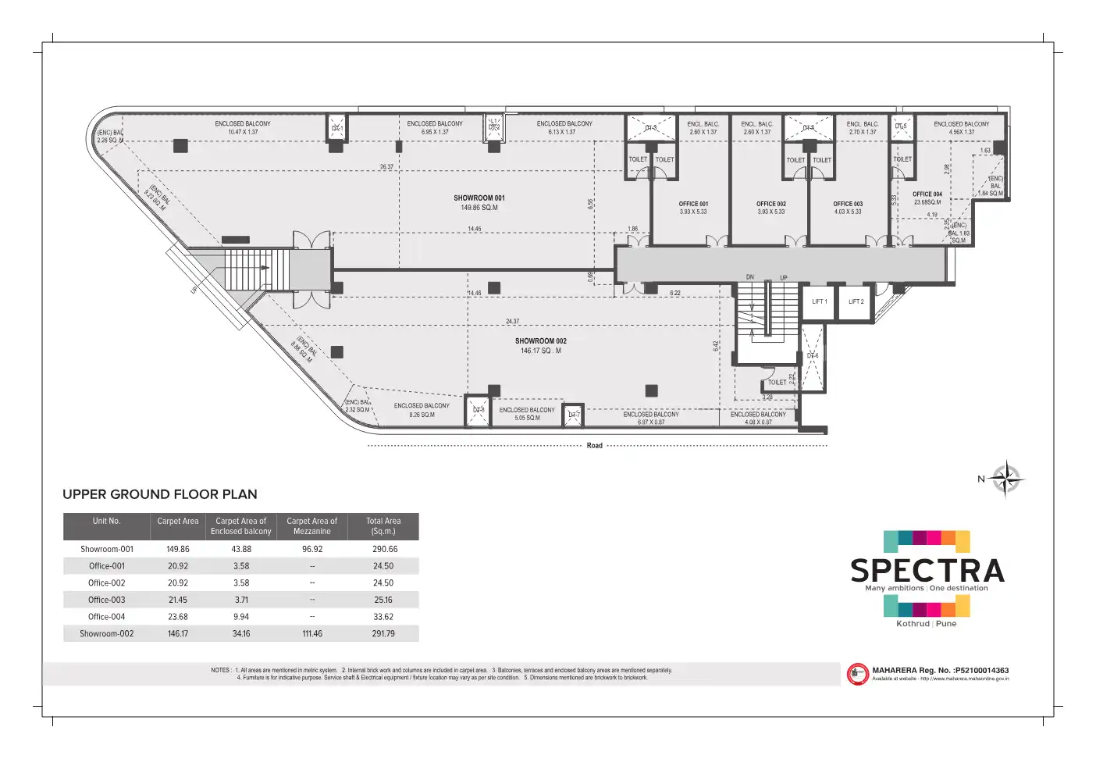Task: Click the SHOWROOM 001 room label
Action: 479,198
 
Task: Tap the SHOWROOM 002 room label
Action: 540,341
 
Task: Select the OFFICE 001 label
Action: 693,204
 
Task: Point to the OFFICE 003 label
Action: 848,204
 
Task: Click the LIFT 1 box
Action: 820,301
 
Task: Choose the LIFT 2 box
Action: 856,301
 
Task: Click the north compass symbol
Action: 1006,479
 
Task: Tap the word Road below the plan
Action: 595,446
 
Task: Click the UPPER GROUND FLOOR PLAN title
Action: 160,494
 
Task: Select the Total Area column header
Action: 383,526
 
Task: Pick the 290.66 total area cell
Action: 384,549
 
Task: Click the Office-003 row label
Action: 106,600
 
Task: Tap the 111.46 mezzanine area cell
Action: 312,634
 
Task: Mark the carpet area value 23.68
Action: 178,617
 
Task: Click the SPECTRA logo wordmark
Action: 927,571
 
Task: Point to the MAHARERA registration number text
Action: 940,670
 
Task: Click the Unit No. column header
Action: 106,522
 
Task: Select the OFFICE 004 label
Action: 927,194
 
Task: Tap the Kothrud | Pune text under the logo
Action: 926,624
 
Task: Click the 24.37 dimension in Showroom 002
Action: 512,322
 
